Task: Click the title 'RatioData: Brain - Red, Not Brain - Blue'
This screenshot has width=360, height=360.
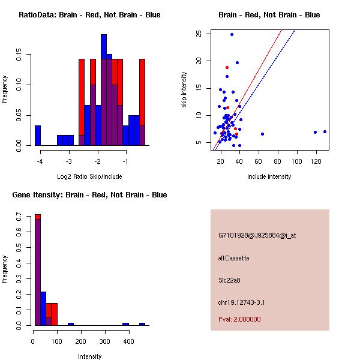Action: [x=89, y=15]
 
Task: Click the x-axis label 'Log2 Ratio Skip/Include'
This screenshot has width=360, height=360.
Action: [x=89, y=176]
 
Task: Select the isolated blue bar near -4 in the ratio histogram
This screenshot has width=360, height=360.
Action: [x=38, y=135]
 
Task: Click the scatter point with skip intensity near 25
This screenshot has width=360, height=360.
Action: [x=232, y=34]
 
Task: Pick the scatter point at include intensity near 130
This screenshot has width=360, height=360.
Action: [x=325, y=131]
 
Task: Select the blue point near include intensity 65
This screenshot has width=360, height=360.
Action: [x=262, y=134]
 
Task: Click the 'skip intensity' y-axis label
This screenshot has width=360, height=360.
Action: [x=184, y=90]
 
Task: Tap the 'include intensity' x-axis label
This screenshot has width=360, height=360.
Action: [x=269, y=176]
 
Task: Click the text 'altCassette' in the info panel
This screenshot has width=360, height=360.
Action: [x=234, y=258]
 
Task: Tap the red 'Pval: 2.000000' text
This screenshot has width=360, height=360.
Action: [x=240, y=319]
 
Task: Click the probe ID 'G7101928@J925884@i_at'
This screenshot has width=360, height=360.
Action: [x=257, y=235]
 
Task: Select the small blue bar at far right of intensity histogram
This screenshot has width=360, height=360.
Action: [x=142, y=324]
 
